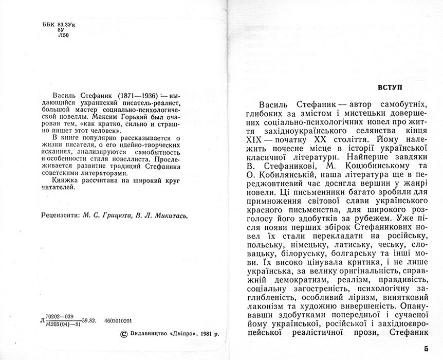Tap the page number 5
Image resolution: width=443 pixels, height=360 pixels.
pos(426,348)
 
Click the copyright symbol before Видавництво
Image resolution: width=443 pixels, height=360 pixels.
pos(123,333)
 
